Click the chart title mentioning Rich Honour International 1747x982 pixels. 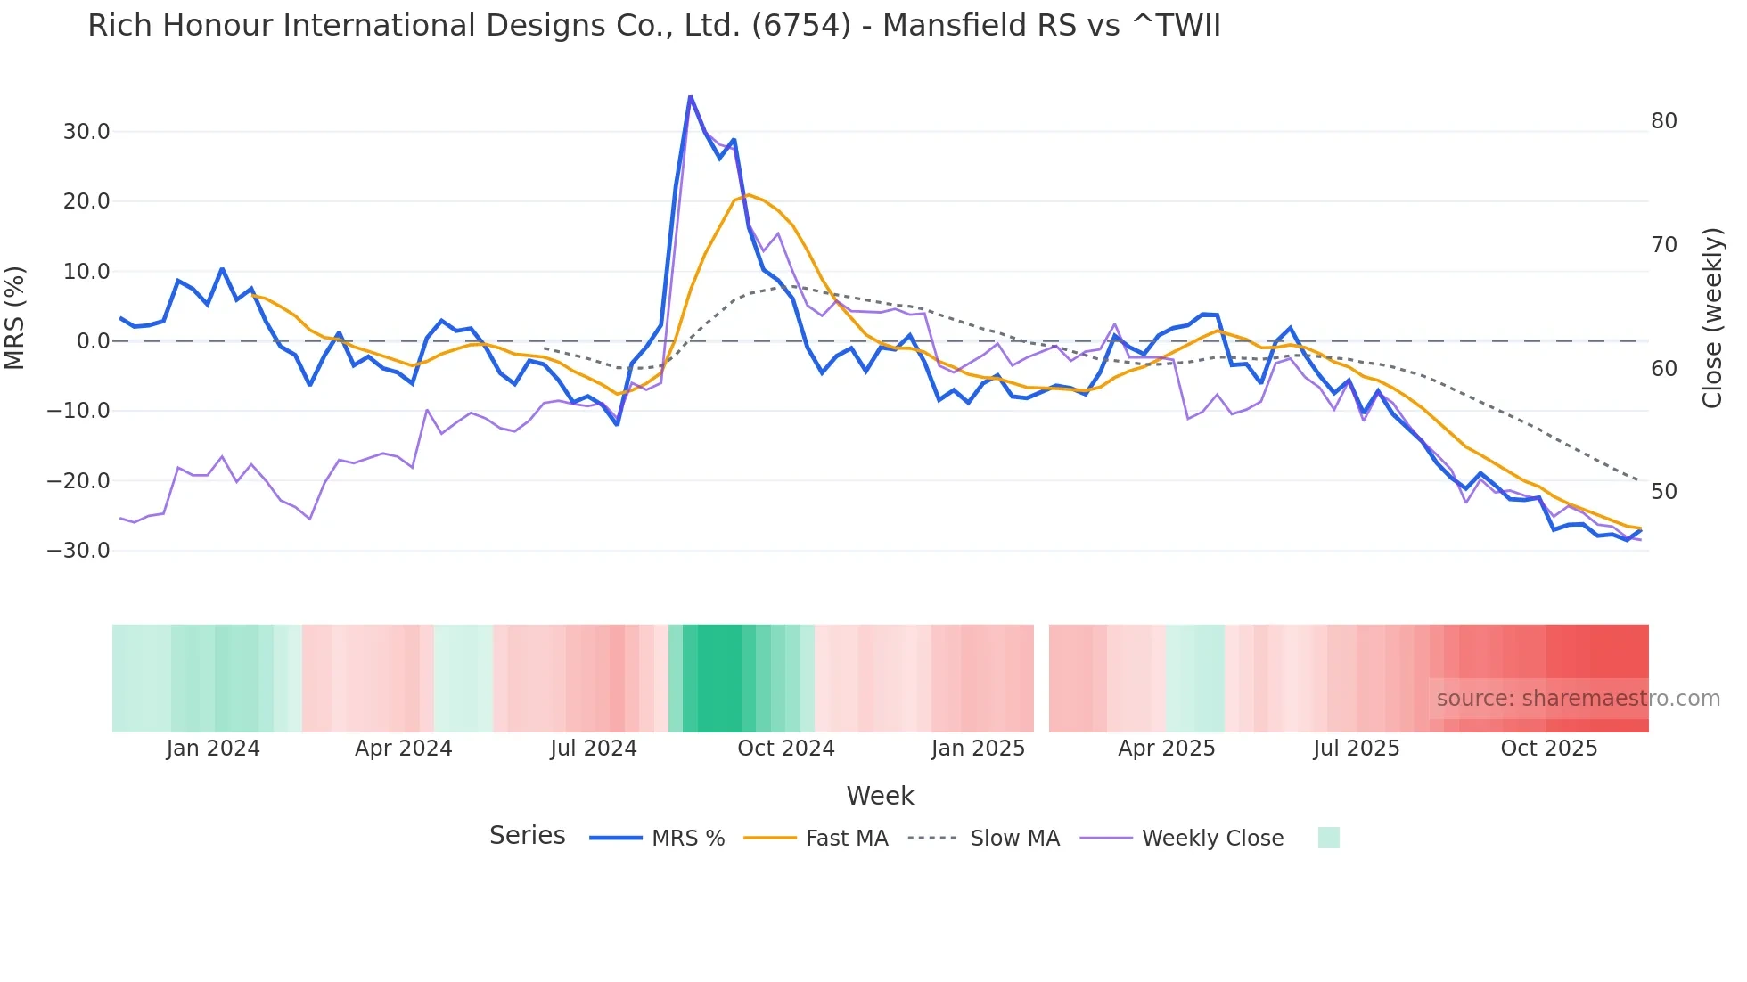[653, 26]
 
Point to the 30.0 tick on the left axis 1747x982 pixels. [86, 132]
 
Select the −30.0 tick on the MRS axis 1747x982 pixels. [79, 551]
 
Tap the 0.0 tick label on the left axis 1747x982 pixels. [93, 341]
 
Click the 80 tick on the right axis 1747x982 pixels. [1663, 121]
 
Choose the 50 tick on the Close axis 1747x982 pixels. [1663, 492]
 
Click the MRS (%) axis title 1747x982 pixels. [15, 317]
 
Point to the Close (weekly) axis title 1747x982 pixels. [1711, 318]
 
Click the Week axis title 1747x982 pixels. [880, 796]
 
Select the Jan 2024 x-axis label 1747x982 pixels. [213, 749]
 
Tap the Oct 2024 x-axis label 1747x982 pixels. [785, 749]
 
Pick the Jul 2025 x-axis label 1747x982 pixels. [1356, 749]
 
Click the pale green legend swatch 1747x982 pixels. [1328, 838]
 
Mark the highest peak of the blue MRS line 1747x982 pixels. [690, 96]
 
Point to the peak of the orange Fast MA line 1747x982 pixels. [749, 194]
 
